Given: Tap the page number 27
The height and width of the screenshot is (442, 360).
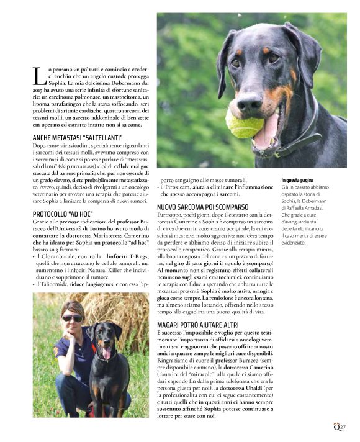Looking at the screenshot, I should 341,426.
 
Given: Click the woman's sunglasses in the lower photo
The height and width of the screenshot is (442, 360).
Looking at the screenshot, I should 71,318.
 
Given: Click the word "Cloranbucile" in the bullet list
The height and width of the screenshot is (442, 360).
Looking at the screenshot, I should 61,255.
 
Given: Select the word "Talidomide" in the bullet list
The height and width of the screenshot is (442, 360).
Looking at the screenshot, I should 59,282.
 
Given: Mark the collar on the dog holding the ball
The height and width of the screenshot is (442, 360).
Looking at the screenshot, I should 294,145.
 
